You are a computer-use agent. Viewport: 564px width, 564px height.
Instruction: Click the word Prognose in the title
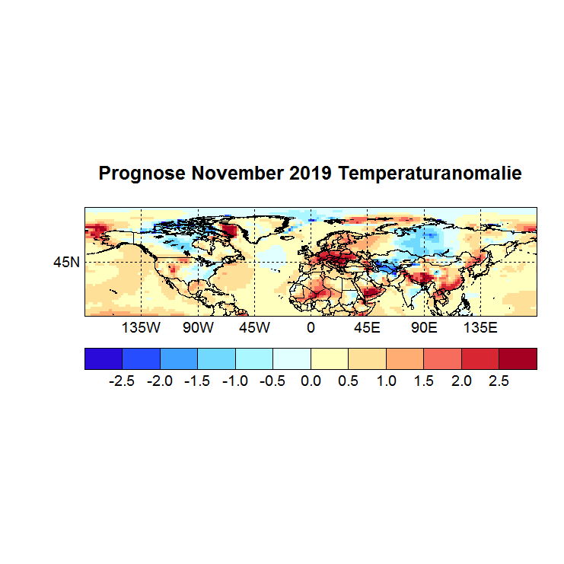(x=142, y=174)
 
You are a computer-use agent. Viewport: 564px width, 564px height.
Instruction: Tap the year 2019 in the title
(x=310, y=174)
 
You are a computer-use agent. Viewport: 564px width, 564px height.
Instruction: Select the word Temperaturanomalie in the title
(x=430, y=174)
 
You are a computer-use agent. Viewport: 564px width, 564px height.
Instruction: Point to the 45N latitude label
(x=65, y=263)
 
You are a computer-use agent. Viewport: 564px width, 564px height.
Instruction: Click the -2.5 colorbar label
(x=122, y=381)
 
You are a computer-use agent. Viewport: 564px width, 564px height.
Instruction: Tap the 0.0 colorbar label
(x=311, y=381)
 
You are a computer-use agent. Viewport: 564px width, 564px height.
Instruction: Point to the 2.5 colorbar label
(x=499, y=381)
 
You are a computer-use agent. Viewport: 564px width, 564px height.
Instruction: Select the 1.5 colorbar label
(x=424, y=381)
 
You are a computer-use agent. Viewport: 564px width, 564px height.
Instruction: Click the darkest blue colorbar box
(x=104, y=358)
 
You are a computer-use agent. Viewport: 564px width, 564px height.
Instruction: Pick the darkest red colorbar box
(x=518, y=358)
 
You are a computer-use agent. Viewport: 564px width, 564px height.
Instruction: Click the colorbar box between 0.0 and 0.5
(x=330, y=358)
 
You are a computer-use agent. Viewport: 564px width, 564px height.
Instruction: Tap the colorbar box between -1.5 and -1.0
(x=216, y=358)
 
